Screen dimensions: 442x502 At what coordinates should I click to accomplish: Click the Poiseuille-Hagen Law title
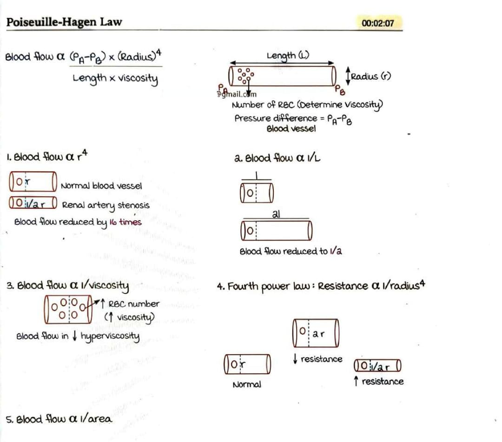click(x=64, y=22)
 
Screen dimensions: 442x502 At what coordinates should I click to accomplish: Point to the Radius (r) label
click(x=370, y=76)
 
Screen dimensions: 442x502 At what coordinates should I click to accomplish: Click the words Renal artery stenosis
click(x=106, y=205)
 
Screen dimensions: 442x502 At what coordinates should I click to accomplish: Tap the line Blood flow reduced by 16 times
click(x=78, y=222)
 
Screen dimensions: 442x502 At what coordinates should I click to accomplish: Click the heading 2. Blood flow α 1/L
click(x=277, y=158)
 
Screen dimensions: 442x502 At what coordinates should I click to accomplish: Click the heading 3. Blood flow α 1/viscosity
click(x=67, y=285)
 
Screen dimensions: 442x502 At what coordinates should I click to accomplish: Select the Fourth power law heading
click(x=321, y=285)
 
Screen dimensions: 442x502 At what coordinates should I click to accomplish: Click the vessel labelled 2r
click(x=316, y=333)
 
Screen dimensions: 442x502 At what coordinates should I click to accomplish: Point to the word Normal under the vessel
click(x=246, y=384)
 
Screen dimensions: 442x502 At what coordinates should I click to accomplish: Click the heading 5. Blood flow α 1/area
click(x=59, y=419)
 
